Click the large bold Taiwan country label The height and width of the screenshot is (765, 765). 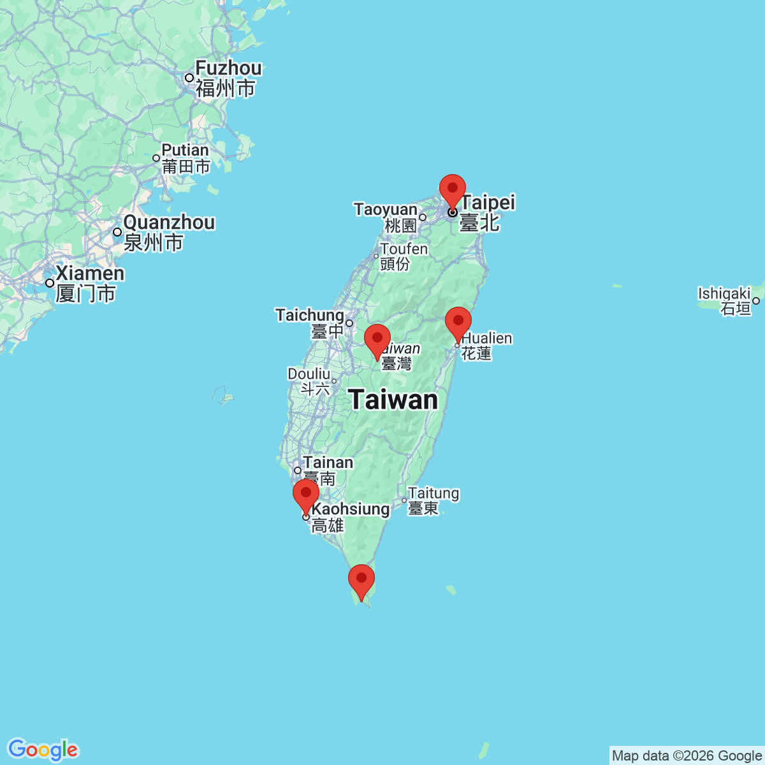point(394,400)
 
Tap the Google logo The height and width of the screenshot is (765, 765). point(43,750)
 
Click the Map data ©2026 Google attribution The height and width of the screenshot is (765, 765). point(687,756)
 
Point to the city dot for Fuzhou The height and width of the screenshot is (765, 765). point(189,78)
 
